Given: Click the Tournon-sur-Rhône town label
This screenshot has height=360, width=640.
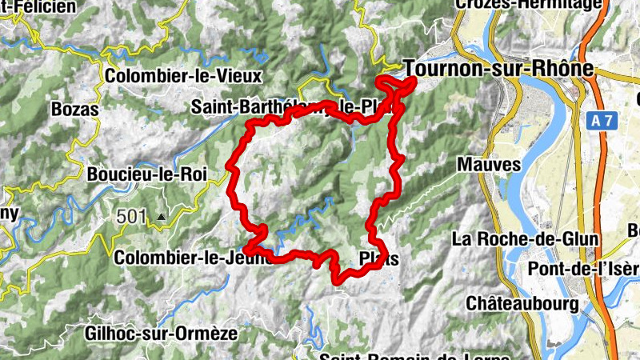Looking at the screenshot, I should coord(498,69).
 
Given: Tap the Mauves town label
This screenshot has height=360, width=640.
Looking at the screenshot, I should coord(490,165).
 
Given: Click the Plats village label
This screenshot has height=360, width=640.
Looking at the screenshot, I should coord(378,259).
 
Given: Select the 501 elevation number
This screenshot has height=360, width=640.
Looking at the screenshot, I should coord(131,216).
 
